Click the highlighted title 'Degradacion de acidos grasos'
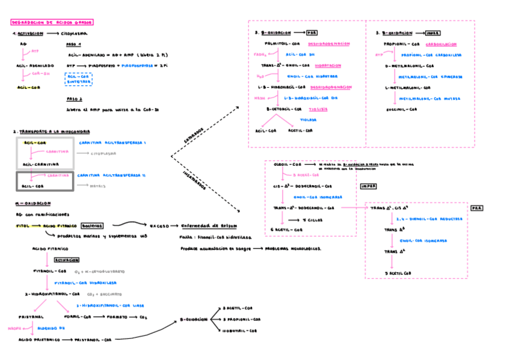[x=52, y=22]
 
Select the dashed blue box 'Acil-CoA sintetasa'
[x=78, y=79]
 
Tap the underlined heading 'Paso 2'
[x=75, y=99]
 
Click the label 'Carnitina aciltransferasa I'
[x=113, y=143]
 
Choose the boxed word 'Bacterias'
[x=92, y=226]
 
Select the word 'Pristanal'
[x=31, y=316]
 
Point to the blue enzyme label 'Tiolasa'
[x=309, y=120]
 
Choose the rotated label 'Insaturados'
[x=195, y=180]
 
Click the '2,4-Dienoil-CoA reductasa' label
[x=429, y=219]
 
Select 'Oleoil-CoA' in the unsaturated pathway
[x=288, y=164]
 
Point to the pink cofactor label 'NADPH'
[x=14, y=329]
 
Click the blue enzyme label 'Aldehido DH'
[x=51, y=329]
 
